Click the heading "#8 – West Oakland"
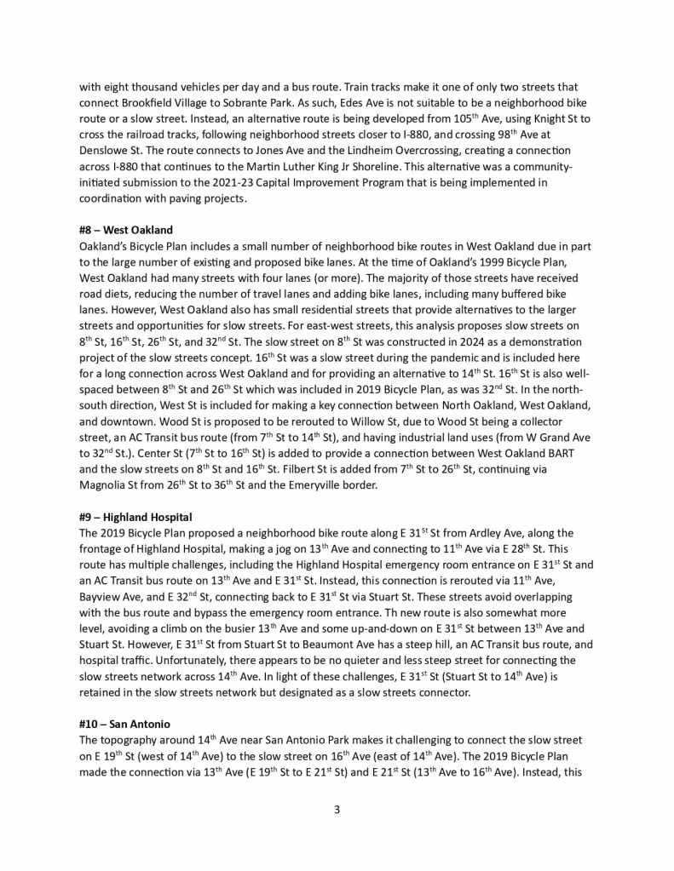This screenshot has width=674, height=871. click(x=125, y=230)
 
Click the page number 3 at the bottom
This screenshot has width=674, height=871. click(x=337, y=809)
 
